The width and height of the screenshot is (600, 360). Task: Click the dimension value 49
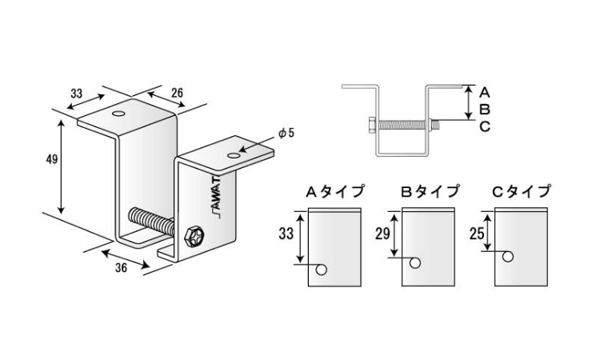(x=52, y=158)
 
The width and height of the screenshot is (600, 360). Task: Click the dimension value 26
(x=177, y=93)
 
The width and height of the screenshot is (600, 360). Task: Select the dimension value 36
(x=122, y=268)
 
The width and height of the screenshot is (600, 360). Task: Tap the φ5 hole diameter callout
(x=286, y=133)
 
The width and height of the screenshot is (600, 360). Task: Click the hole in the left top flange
(x=119, y=114)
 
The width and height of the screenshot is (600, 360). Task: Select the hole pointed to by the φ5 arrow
(x=233, y=155)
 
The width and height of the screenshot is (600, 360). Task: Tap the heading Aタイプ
(x=334, y=191)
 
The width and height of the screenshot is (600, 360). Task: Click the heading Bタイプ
(x=430, y=191)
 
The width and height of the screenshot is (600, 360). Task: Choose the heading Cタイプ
(x=521, y=191)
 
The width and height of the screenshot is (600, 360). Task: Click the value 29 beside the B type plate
(x=382, y=234)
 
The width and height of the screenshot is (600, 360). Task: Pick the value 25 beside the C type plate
(x=477, y=234)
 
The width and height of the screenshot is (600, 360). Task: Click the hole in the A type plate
(x=322, y=270)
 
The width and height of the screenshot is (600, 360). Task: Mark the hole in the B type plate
(x=415, y=263)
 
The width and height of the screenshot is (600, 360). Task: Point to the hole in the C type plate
(x=508, y=257)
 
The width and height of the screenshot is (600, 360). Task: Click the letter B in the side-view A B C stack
(x=485, y=110)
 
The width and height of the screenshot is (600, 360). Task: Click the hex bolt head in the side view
(x=372, y=125)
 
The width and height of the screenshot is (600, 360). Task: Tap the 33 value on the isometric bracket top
(x=77, y=93)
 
